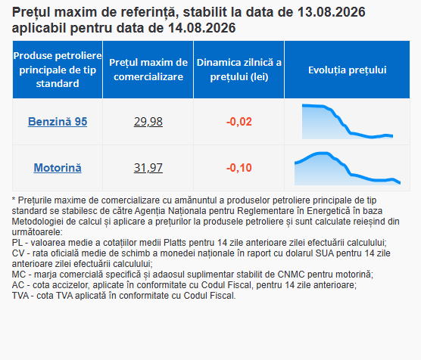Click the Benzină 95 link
click(x=58, y=122)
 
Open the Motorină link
click(x=58, y=168)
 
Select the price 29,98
click(x=148, y=122)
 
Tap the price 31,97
click(x=148, y=168)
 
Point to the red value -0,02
click(x=239, y=122)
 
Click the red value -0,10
click(x=239, y=168)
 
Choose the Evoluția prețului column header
click(x=347, y=70)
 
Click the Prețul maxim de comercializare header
click(x=148, y=70)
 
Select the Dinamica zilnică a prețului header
click(x=239, y=70)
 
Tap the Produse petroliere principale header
click(x=58, y=70)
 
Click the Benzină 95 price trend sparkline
click(x=348, y=122)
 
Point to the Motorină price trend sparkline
click(x=348, y=168)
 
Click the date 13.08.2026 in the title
click(x=332, y=12)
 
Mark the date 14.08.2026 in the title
click(x=202, y=28)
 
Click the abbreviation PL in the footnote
click(x=17, y=243)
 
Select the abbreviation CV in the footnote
click(x=17, y=253)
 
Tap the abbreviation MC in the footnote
click(x=19, y=275)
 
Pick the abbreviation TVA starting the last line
click(x=20, y=296)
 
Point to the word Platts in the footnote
click(x=175, y=243)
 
